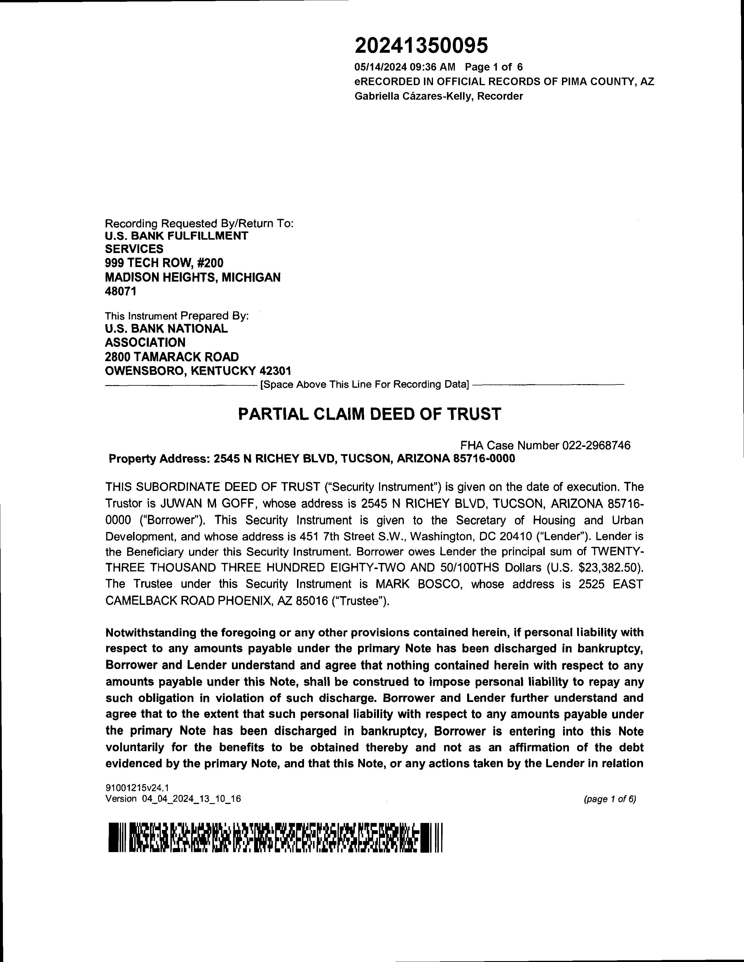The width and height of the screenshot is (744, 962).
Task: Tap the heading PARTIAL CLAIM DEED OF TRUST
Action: coord(369,414)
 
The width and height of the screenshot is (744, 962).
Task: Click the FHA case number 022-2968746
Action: coord(596,445)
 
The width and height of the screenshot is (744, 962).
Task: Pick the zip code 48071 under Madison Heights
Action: coord(121,291)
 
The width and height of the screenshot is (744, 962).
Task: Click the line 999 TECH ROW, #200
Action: coord(164,263)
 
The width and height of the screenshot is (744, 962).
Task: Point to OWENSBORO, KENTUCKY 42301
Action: coord(198,371)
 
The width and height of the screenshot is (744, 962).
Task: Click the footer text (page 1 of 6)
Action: coord(609,799)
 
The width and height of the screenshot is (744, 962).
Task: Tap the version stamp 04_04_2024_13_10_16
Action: coord(191,798)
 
